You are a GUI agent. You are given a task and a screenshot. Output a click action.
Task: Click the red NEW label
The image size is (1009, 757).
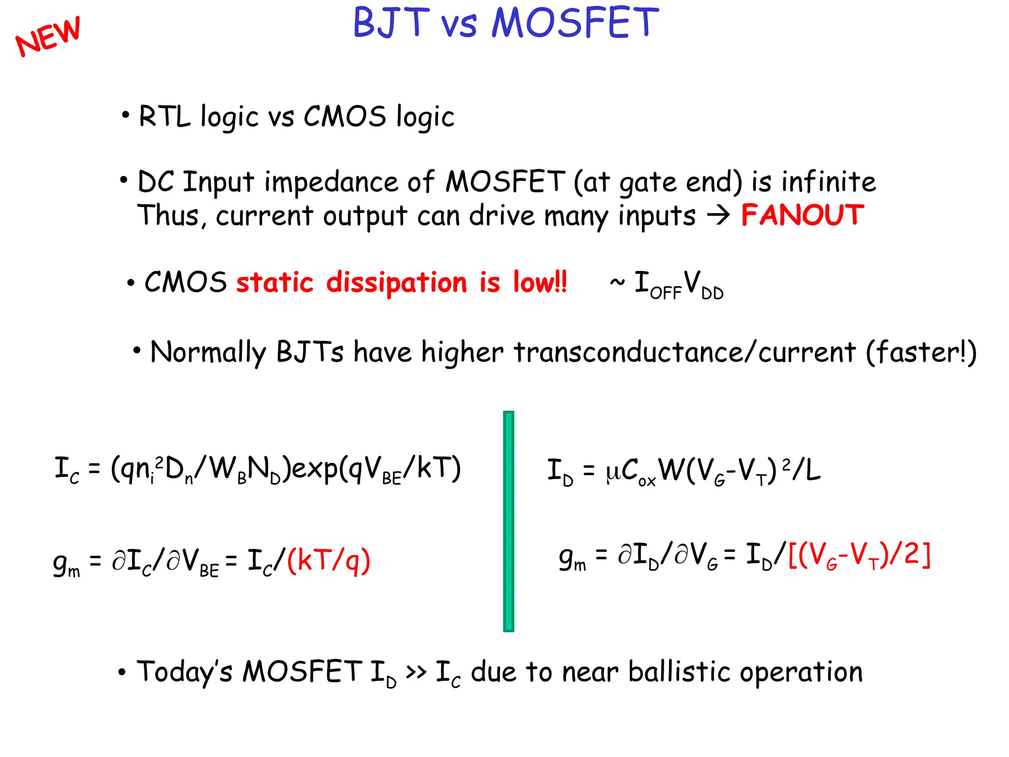pos(48,35)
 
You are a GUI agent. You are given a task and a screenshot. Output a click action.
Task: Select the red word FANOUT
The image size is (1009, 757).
pos(802,215)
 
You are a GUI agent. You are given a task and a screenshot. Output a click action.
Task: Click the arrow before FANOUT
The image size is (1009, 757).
pos(718,215)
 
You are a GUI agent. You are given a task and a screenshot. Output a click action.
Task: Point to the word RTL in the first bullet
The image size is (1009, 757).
pos(164,117)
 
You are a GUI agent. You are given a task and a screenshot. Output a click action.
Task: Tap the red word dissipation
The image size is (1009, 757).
pos(397,283)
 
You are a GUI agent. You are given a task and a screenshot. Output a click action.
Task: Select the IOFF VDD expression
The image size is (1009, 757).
pos(678,285)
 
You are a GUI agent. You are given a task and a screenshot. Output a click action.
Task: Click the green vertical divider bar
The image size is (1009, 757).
pos(508,521)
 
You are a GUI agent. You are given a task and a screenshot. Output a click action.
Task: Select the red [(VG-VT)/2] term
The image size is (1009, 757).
pos(859,556)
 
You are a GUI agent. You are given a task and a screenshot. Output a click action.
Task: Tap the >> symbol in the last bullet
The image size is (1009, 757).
pos(416,672)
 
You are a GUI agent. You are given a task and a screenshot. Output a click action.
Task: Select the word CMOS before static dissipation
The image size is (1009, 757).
pos(185,282)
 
